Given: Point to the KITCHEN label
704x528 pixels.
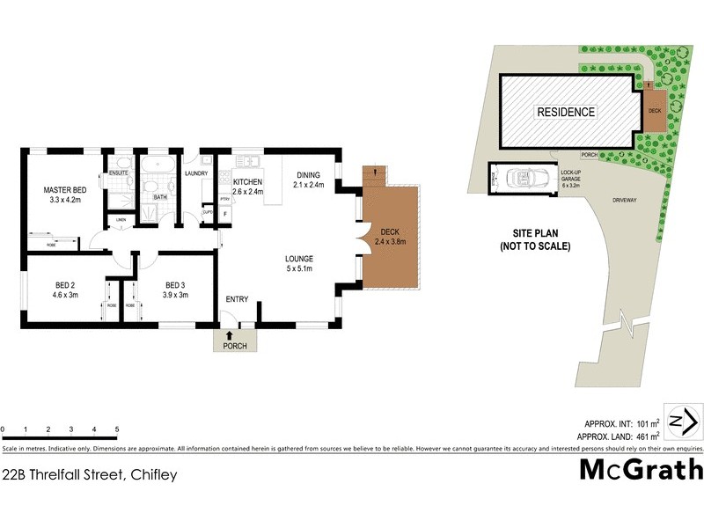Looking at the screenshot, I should (248, 182).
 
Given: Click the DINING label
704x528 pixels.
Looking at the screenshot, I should (308, 174).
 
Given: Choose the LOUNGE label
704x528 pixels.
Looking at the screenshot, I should (298, 258).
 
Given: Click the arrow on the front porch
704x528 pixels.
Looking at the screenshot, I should (231, 334).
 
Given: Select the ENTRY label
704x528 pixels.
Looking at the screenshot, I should (237, 300).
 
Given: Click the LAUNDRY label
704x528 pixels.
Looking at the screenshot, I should (195, 173).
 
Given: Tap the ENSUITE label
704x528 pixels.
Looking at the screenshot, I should (119, 173).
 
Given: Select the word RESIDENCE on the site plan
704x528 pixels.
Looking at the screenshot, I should (566, 112).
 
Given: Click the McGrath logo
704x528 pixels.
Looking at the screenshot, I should (641, 468).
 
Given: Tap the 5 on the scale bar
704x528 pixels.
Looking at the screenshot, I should (117, 429).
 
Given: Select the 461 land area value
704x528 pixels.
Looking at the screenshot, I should (638, 436).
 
